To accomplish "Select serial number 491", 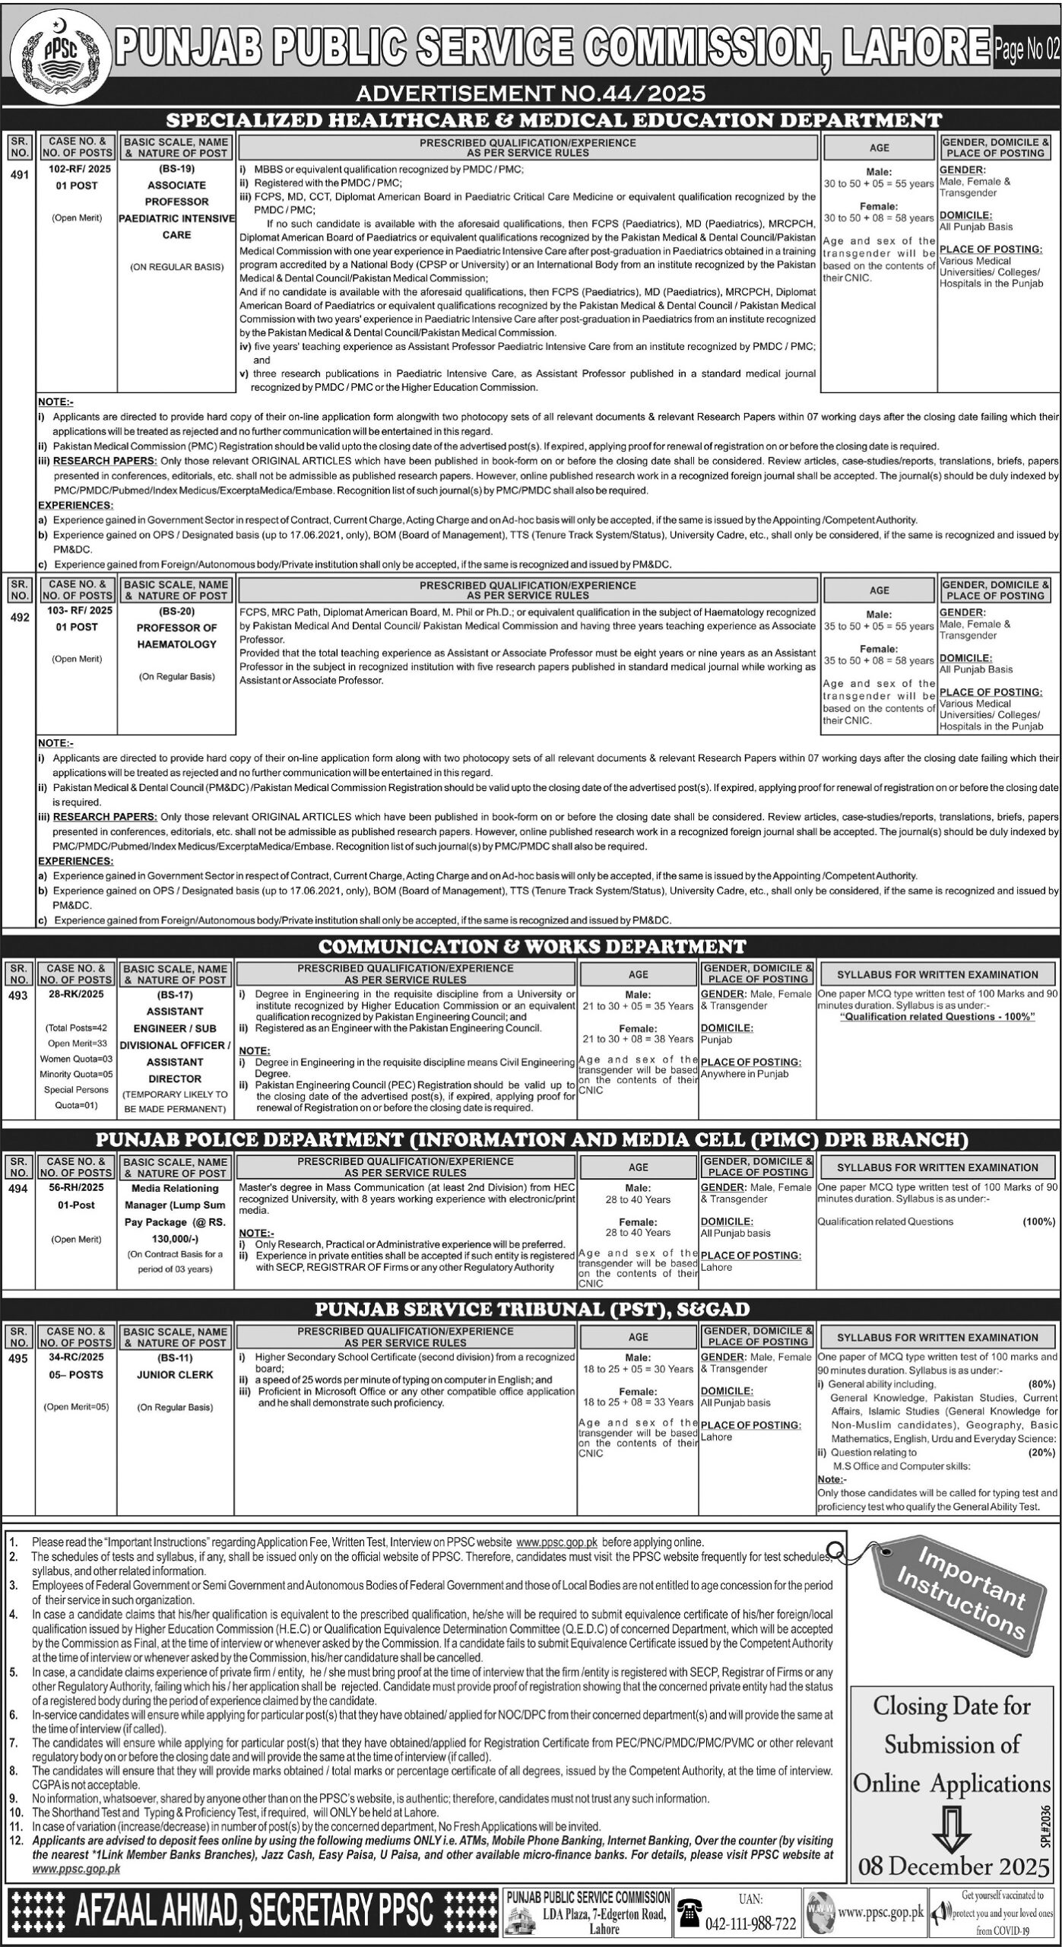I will tap(19, 175).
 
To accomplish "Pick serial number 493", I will tap(19, 996).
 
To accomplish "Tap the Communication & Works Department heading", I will tap(531, 946).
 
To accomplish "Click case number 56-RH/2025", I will tap(76, 1187).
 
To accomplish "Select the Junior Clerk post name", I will tap(176, 1374).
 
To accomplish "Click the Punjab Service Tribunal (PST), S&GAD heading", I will tap(531, 1309).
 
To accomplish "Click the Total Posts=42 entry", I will tap(76, 1028).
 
